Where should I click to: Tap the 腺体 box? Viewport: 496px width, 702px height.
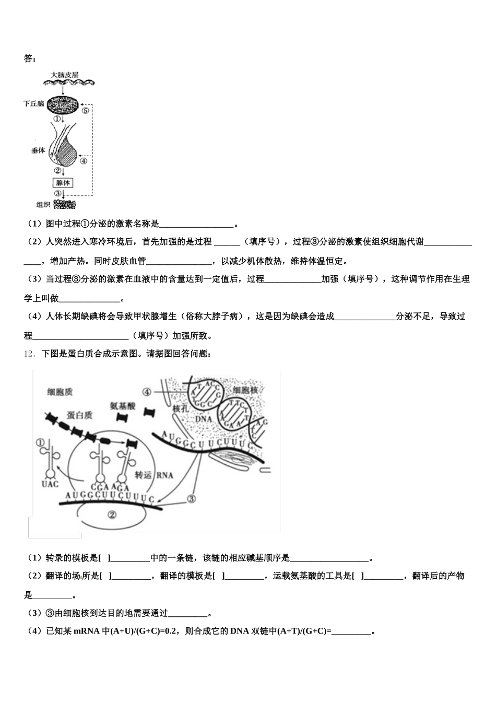63,183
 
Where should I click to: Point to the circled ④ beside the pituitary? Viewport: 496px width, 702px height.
84,161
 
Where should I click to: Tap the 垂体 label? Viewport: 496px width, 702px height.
38,150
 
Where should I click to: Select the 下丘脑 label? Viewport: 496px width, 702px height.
34,104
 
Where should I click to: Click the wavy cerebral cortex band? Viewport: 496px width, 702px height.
68,83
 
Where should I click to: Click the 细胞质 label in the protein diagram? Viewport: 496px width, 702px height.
60,392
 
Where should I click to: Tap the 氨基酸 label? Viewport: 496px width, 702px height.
123,405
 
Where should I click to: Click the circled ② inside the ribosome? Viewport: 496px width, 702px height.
112,514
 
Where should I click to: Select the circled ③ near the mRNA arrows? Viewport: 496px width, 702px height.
192,499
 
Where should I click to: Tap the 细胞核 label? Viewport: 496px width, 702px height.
245,391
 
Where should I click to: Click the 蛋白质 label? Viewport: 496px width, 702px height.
79,415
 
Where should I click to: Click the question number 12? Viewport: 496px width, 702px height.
28,354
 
